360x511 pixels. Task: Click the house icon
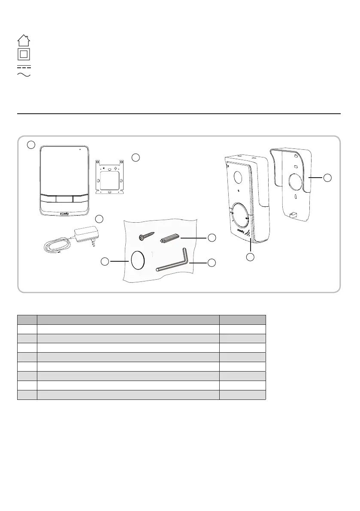[24, 40]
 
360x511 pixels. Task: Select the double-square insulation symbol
[24, 54]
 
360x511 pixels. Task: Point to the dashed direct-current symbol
[24, 67]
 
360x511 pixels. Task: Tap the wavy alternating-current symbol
[24, 75]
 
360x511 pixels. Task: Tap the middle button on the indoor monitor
[64, 199]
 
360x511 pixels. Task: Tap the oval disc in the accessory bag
[137, 260]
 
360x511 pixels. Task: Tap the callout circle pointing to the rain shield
[329, 178]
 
